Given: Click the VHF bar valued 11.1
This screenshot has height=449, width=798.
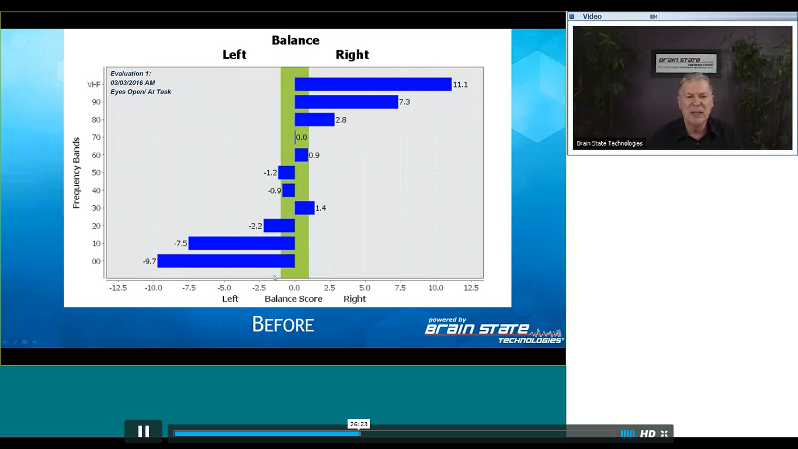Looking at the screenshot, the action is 373,85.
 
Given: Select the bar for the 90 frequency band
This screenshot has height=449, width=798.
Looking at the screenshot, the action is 346,102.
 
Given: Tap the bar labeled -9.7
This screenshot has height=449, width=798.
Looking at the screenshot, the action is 226,261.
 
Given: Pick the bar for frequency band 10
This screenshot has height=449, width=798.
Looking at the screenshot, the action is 241,243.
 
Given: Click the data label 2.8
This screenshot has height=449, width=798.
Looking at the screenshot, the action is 341,120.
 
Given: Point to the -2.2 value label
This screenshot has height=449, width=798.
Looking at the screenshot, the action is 255,226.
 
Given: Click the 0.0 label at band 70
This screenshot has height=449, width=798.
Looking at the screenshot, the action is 301,137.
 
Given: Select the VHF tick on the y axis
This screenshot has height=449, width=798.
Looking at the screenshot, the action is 94,85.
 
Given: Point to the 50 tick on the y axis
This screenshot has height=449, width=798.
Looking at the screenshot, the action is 96,172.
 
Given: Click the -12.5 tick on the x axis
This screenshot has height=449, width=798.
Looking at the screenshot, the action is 118,288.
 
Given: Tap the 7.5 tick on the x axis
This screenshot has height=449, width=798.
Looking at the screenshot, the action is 400,288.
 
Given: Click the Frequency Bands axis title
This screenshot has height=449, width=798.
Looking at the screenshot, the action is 77,173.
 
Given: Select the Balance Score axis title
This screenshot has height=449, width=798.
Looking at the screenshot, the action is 293,299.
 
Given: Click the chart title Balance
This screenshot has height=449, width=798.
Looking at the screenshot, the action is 296,40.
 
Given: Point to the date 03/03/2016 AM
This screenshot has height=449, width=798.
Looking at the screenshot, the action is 133,83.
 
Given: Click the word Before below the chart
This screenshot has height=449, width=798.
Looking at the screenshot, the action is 283,324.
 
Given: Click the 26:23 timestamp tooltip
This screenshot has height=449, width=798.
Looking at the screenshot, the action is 359,424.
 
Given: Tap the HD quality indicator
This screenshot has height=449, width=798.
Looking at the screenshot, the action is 648,434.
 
